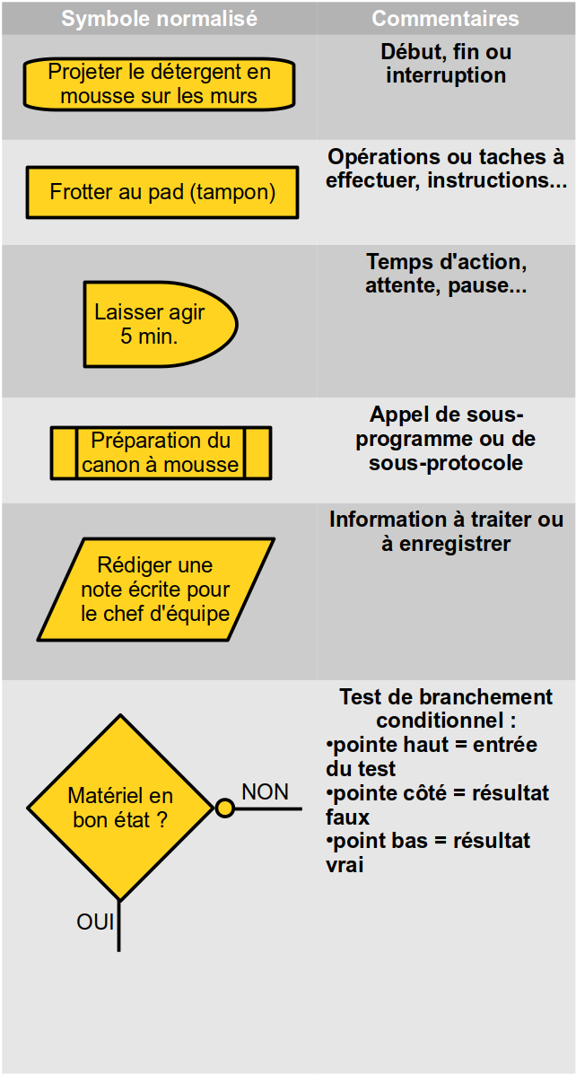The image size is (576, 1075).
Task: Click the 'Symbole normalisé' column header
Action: (159, 19)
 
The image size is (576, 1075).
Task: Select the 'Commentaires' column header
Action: (446, 19)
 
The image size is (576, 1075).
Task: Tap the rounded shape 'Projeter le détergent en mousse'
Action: (159, 83)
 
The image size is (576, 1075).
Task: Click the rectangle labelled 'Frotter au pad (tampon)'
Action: (161, 192)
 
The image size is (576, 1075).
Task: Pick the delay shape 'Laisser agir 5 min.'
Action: (161, 324)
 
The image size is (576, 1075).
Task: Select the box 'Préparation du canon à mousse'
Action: (161, 452)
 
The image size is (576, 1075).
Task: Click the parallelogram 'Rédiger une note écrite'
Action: (155, 590)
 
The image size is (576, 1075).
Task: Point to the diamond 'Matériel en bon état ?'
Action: (121, 808)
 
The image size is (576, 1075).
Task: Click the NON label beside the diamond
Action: (266, 792)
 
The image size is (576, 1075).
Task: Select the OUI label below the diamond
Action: (95, 922)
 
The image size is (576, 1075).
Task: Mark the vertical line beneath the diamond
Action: (119, 926)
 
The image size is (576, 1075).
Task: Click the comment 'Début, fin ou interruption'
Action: (446, 64)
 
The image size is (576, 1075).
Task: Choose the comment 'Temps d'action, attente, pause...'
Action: (447, 274)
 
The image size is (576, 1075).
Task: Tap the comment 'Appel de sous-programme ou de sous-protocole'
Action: (446, 439)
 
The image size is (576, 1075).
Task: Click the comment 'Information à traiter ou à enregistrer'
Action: (447, 531)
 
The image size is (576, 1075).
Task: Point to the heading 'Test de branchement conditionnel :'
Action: (447, 709)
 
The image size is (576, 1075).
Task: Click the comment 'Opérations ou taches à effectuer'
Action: (447, 169)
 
